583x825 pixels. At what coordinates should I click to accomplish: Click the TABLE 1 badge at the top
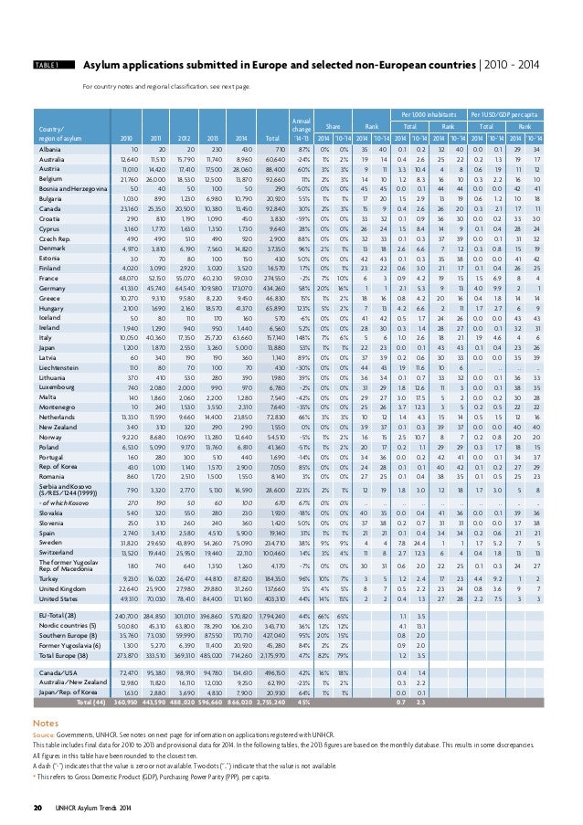click(x=46, y=66)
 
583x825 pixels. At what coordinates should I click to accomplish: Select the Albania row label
click(x=51, y=148)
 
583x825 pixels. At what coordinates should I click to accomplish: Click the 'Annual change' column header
click(x=301, y=123)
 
